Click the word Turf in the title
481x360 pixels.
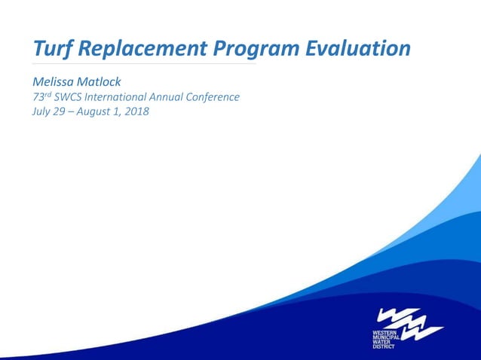coord(52,48)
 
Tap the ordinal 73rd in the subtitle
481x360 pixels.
coord(41,96)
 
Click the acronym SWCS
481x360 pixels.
coord(71,97)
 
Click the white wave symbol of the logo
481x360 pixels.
coord(410,321)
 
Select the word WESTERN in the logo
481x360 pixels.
coord(384,332)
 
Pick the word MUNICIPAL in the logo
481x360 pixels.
coord(387,337)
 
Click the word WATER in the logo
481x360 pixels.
coord(381,342)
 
